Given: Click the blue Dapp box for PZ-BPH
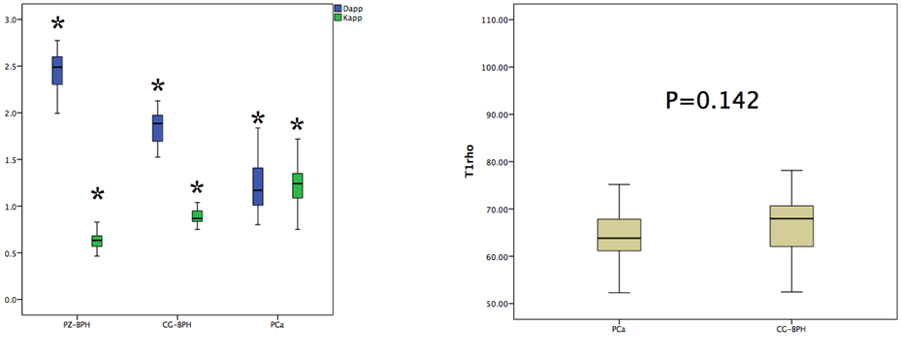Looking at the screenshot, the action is click(57, 71).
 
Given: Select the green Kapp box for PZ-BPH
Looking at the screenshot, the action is click(97, 241).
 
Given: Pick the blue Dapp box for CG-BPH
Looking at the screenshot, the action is click(158, 128).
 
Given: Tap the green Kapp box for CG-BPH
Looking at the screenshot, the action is click(197, 216).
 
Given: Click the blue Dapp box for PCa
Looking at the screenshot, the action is click(258, 186).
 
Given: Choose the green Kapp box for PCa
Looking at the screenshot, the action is click(298, 185).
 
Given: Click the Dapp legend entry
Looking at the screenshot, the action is click(349, 9).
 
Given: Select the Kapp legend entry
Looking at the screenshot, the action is click(349, 17).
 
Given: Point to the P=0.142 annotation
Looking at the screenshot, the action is click(712, 101).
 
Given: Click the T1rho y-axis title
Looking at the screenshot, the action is click(470, 163).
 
